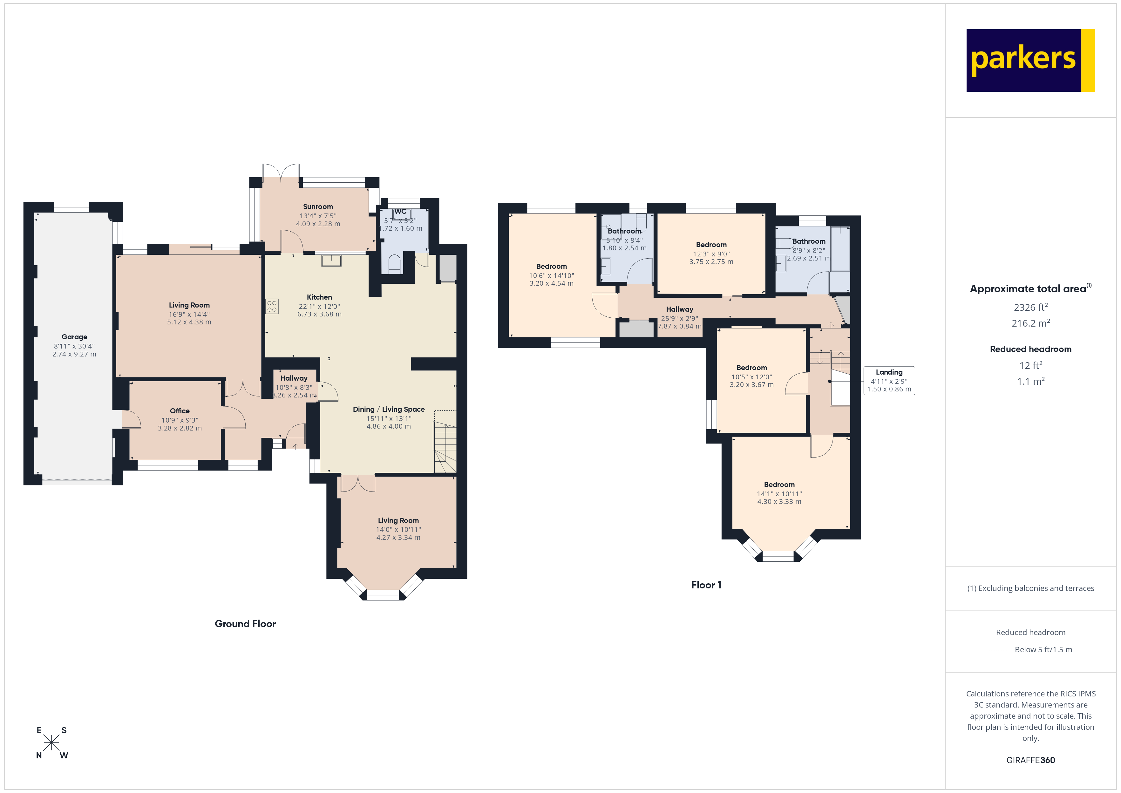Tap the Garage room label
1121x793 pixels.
click(x=74, y=337)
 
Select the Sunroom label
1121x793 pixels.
click(x=318, y=207)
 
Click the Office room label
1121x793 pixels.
click(x=180, y=411)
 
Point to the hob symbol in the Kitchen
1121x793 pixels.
click(x=272, y=307)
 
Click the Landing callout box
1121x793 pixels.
click(x=889, y=380)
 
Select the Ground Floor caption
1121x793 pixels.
click(x=245, y=624)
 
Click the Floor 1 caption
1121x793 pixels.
click(x=706, y=585)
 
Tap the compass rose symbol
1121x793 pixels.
click(x=51, y=743)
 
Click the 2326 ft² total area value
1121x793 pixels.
click(x=1030, y=307)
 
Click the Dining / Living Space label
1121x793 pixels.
click(x=389, y=409)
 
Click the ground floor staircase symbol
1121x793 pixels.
click(x=445, y=447)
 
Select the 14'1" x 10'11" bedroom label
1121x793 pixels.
click(x=779, y=494)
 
